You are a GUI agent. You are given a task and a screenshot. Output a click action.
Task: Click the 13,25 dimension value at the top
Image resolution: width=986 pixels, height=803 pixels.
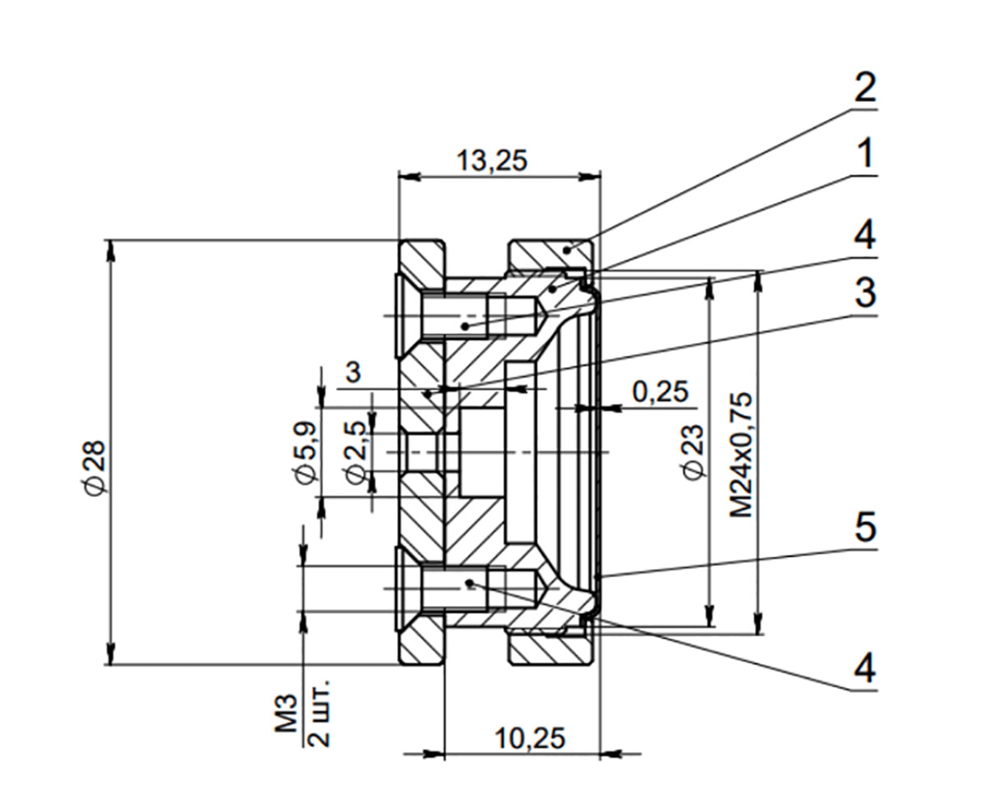(491, 161)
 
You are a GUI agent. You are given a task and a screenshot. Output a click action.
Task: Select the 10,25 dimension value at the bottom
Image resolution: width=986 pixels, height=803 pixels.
(530, 739)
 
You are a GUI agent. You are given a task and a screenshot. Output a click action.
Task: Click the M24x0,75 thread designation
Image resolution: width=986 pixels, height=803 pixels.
(741, 454)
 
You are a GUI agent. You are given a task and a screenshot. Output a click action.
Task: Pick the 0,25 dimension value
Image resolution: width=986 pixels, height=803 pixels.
(659, 392)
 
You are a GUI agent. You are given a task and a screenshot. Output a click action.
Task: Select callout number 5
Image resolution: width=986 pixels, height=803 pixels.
(864, 528)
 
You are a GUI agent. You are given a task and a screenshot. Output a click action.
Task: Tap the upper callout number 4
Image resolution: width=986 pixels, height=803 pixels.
(864, 236)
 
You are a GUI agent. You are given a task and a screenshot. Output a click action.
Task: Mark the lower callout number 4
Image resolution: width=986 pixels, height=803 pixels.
(864, 669)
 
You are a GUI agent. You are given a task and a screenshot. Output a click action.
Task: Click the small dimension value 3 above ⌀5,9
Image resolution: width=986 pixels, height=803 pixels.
(353, 373)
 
